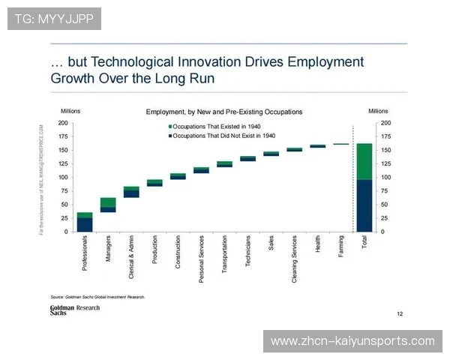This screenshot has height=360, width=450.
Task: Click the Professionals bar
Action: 85,223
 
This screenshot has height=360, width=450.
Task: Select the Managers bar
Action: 108,205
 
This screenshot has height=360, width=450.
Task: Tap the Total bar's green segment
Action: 364,161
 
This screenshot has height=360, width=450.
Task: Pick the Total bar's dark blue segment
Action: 364,205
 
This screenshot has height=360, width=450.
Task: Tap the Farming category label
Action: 341,246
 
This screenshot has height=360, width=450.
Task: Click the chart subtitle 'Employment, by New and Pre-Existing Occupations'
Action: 223,112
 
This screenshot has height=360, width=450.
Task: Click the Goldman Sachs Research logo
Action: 75,310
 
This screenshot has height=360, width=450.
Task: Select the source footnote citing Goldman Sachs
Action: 97,296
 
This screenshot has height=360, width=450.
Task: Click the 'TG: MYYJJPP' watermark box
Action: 54,18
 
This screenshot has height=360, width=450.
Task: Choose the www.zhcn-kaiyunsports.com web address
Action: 352,341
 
